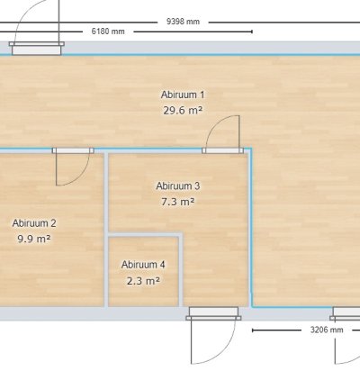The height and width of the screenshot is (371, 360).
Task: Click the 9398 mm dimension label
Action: [183, 22]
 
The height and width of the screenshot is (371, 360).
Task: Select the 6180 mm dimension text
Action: [108, 32]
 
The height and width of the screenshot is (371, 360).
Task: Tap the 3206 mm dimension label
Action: [327, 330]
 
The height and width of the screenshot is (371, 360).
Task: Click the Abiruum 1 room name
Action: [183, 95]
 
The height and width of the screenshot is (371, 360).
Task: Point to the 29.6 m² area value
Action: [183, 111]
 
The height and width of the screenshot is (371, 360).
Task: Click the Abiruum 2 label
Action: [34, 223]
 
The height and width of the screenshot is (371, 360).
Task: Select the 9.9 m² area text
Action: [34, 239]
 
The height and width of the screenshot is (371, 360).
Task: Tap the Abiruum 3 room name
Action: [178, 186]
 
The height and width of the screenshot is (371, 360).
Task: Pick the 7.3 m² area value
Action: [178, 202]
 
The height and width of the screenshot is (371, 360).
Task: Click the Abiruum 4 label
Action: [143, 265]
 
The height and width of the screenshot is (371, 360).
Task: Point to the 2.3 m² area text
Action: [143, 281]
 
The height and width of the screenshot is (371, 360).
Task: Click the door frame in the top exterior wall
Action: [37, 48]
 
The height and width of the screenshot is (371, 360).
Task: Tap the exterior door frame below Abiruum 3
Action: [213, 313]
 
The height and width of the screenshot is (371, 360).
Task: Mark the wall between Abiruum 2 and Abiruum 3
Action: [106, 230]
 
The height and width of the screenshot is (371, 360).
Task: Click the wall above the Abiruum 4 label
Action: [145, 234]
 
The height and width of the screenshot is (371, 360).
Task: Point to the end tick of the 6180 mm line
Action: [252, 32]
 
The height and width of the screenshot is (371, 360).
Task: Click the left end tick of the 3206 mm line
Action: [253, 330]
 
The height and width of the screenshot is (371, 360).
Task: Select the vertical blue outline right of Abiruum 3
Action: [251, 228]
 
